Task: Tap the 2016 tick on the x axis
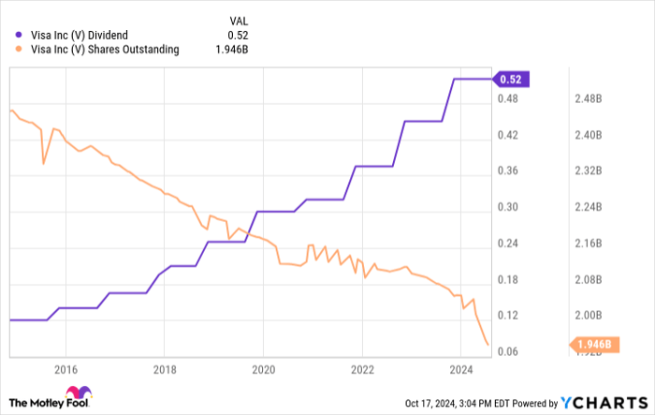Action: [65, 369]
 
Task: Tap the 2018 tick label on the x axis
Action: [164, 369]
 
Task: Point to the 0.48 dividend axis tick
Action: [507, 99]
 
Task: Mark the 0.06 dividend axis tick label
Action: [507, 352]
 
